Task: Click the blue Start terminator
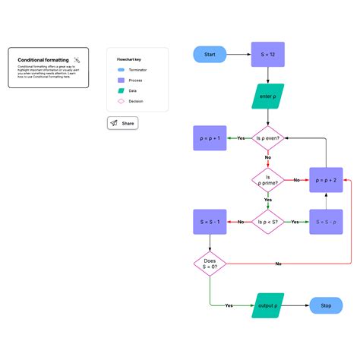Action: [210, 55]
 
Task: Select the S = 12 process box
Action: [267, 55]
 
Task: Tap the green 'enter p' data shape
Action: [267, 96]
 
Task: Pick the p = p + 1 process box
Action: [210, 138]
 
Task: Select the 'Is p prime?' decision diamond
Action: [267, 180]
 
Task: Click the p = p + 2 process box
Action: [325, 180]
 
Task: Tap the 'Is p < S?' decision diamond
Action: [267, 222]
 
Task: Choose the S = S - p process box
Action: [325, 222]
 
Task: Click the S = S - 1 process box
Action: [210, 222]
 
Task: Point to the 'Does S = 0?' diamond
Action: [210, 264]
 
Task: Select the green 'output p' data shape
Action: [267, 305]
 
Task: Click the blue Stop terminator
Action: [325, 305]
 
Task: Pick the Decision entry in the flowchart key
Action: [135, 101]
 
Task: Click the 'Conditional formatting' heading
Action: [43, 59]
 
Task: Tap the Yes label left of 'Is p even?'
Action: [241, 138]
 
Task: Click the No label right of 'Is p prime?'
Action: [295, 180]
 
